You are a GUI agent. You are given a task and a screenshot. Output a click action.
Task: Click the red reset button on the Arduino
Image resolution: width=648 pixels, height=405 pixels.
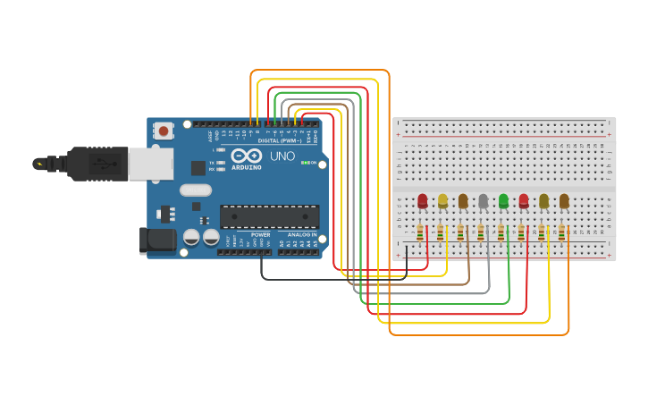point(164,131)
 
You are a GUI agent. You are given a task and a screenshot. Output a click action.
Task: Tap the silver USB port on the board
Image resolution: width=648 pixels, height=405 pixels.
point(150,165)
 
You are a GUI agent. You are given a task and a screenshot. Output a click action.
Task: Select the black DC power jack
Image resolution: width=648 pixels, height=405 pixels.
point(156,240)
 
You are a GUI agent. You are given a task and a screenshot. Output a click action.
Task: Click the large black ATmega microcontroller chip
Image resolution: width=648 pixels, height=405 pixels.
point(269,216)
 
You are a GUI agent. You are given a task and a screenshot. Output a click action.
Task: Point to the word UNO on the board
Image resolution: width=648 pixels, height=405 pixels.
point(282,156)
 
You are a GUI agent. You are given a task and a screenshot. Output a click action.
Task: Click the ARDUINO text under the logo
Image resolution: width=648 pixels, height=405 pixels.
point(247,167)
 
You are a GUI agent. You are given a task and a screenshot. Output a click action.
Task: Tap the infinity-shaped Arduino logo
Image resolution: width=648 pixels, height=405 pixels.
point(247,155)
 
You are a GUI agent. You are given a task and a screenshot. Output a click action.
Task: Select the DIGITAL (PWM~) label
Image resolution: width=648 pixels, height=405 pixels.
point(279,140)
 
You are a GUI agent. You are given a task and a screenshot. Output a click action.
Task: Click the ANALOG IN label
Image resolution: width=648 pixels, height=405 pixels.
point(300,234)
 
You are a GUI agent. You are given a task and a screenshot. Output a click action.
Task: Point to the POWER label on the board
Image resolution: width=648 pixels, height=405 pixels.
point(260,234)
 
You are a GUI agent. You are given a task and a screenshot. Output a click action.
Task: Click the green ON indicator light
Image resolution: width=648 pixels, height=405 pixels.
point(304,163)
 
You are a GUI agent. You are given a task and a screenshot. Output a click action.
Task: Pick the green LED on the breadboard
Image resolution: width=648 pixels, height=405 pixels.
point(503,201)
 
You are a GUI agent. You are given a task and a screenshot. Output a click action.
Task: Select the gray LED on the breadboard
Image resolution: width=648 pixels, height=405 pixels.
point(483,201)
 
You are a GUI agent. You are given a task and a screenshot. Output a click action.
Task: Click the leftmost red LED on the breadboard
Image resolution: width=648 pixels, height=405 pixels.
point(422,201)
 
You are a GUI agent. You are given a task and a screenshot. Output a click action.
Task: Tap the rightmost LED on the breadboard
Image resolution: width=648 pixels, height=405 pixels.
point(564,201)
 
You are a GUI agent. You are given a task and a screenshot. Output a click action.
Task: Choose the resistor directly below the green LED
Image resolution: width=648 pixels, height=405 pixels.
point(501,232)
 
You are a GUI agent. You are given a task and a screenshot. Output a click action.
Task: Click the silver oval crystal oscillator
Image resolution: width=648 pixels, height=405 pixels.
point(195,190)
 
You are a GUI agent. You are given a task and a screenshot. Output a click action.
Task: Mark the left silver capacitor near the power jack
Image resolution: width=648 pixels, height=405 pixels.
point(191,237)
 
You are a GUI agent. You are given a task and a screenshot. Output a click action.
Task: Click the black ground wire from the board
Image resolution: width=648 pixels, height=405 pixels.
point(331,279)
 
